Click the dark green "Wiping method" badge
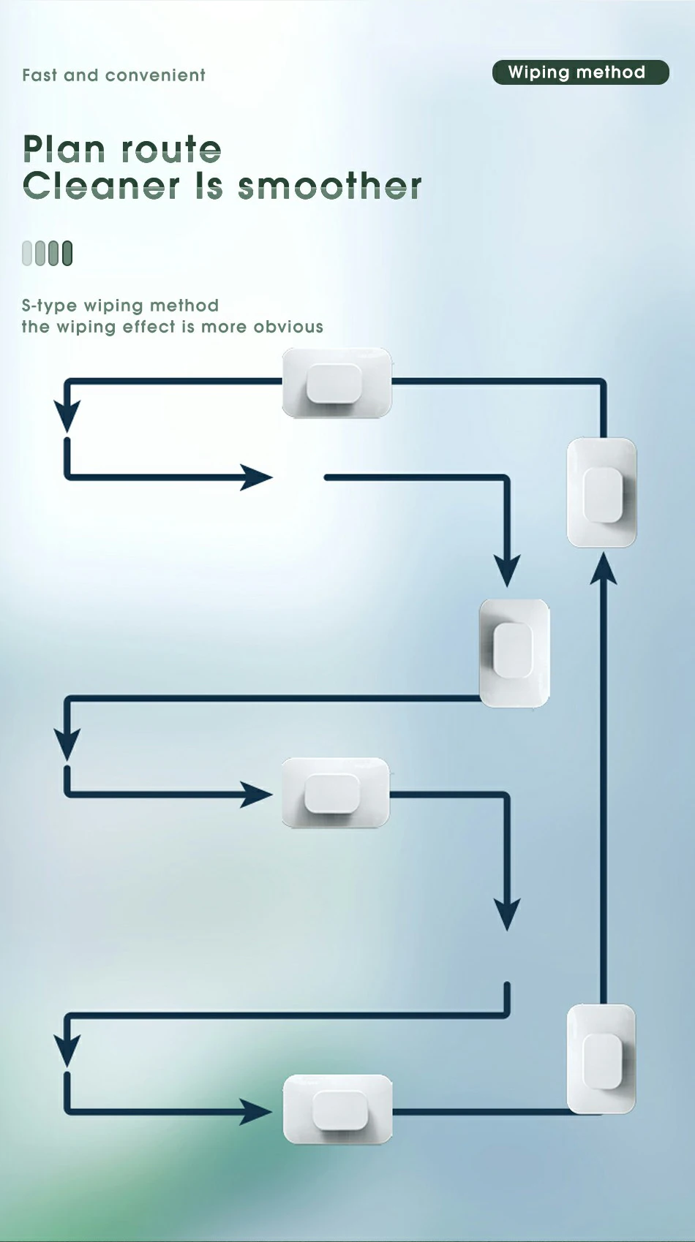click(x=580, y=72)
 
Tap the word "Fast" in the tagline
click(x=40, y=75)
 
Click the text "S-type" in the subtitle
click(x=48, y=306)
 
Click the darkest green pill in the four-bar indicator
click(x=67, y=253)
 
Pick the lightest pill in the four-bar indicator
click(x=28, y=253)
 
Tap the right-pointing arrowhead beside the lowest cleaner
click(x=256, y=1112)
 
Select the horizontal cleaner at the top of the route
click(x=337, y=383)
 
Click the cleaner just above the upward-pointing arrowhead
click(x=602, y=492)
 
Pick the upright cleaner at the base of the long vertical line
click(x=601, y=1059)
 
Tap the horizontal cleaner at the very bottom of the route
click(x=337, y=1109)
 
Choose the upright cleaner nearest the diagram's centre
click(x=514, y=653)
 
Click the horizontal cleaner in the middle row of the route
click(x=335, y=793)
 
